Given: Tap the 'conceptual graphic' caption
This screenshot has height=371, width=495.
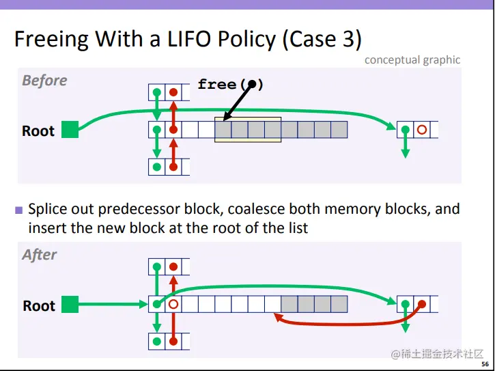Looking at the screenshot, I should click(412, 59).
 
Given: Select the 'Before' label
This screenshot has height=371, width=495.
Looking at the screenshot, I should click(44, 81).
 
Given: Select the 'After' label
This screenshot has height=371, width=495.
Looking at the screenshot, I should click(40, 255).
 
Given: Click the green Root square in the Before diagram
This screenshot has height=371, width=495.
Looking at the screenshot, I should click(70, 129).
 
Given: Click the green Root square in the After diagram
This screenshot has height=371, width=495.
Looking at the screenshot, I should click(70, 304).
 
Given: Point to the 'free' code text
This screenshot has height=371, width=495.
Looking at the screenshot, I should click(216, 84).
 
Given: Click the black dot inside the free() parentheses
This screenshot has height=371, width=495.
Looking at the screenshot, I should click(252, 84).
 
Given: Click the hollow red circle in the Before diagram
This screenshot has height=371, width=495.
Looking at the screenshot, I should click(422, 129).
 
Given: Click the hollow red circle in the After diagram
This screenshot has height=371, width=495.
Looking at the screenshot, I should click(173, 304).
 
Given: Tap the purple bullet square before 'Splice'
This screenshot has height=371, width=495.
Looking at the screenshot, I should click(19, 210).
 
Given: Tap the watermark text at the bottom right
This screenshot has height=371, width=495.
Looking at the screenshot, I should click(437, 353).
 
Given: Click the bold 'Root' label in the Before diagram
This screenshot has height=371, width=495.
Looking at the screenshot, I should click(38, 130).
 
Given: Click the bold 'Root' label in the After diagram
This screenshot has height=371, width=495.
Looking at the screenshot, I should click(39, 305).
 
